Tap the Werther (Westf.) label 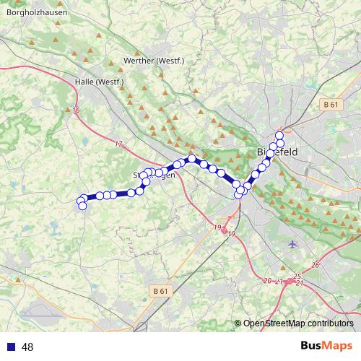point(154,61)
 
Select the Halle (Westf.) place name point(100,82)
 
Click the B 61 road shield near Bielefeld point(331,105)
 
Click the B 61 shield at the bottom point(160,291)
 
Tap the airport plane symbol point(292,243)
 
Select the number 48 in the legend point(28,347)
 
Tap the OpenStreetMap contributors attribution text point(297,323)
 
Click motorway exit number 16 point(77,110)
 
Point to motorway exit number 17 point(118,144)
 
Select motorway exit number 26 point(316,266)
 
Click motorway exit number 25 point(297,277)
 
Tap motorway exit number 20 point(268,281)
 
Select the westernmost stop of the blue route point(81,201)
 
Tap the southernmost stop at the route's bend point(239,195)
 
